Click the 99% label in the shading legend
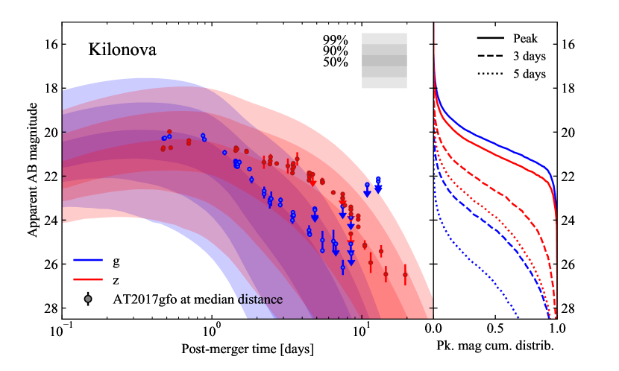click(335, 39)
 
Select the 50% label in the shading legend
click(335, 63)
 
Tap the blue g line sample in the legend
click(89, 261)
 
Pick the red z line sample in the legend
click(89, 280)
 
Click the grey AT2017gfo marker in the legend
click(89, 299)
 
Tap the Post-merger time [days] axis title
click(248, 349)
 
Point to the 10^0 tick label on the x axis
click(211, 330)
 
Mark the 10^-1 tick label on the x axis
click(62, 330)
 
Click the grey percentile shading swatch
click(384, 60)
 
